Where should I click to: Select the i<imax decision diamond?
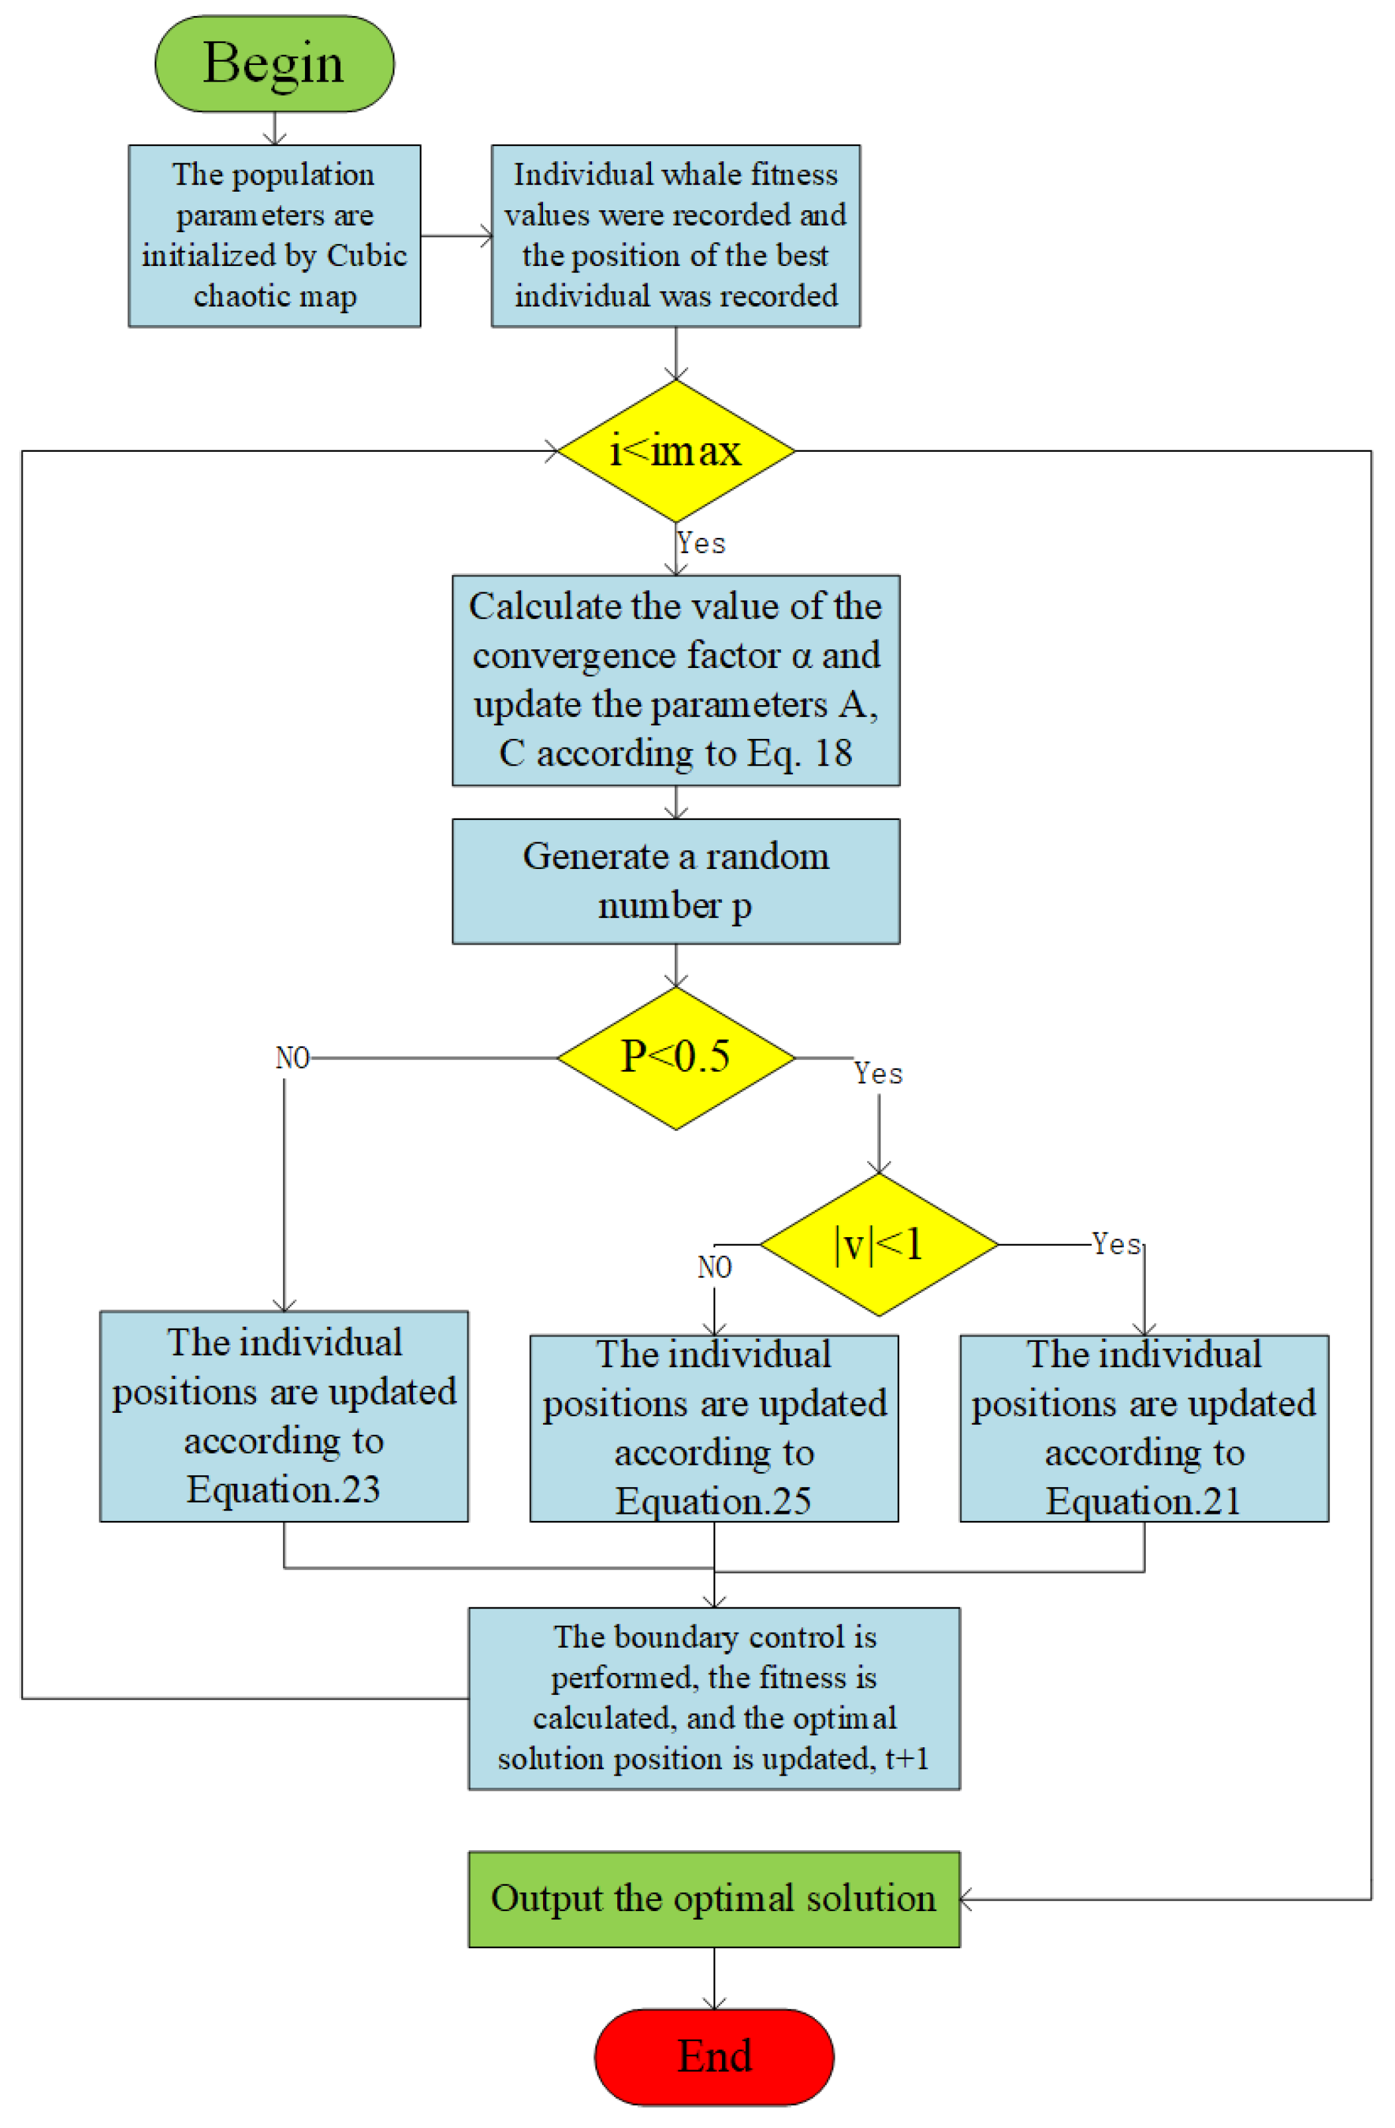coord(675,450)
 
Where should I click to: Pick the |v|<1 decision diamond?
coord(878,1244)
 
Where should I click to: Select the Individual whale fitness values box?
coord(675,235)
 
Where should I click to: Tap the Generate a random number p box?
coord(675,881)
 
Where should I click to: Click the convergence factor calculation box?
coord(675,679)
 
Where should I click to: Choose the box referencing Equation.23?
coord(283,1416)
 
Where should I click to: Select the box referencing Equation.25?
coord(713,1428)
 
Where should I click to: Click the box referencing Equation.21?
coord(1143,1428)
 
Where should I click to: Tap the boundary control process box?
coord(713,1698)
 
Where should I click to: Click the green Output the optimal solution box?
coord(713,1898)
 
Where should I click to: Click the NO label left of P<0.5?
coord(292,1058)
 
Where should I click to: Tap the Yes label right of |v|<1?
coord(1115,1244)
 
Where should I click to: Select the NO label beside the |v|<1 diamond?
coord(713,1267)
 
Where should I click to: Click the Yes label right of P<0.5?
coord(878,1073)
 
